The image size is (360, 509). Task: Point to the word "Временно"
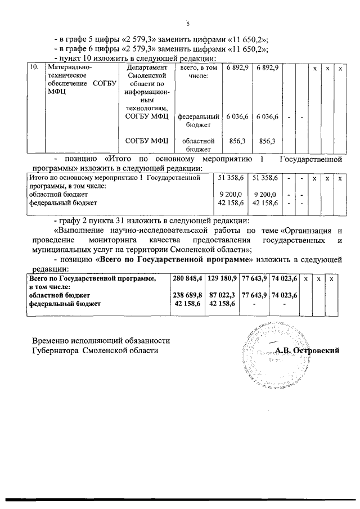[x=51, y=341]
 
